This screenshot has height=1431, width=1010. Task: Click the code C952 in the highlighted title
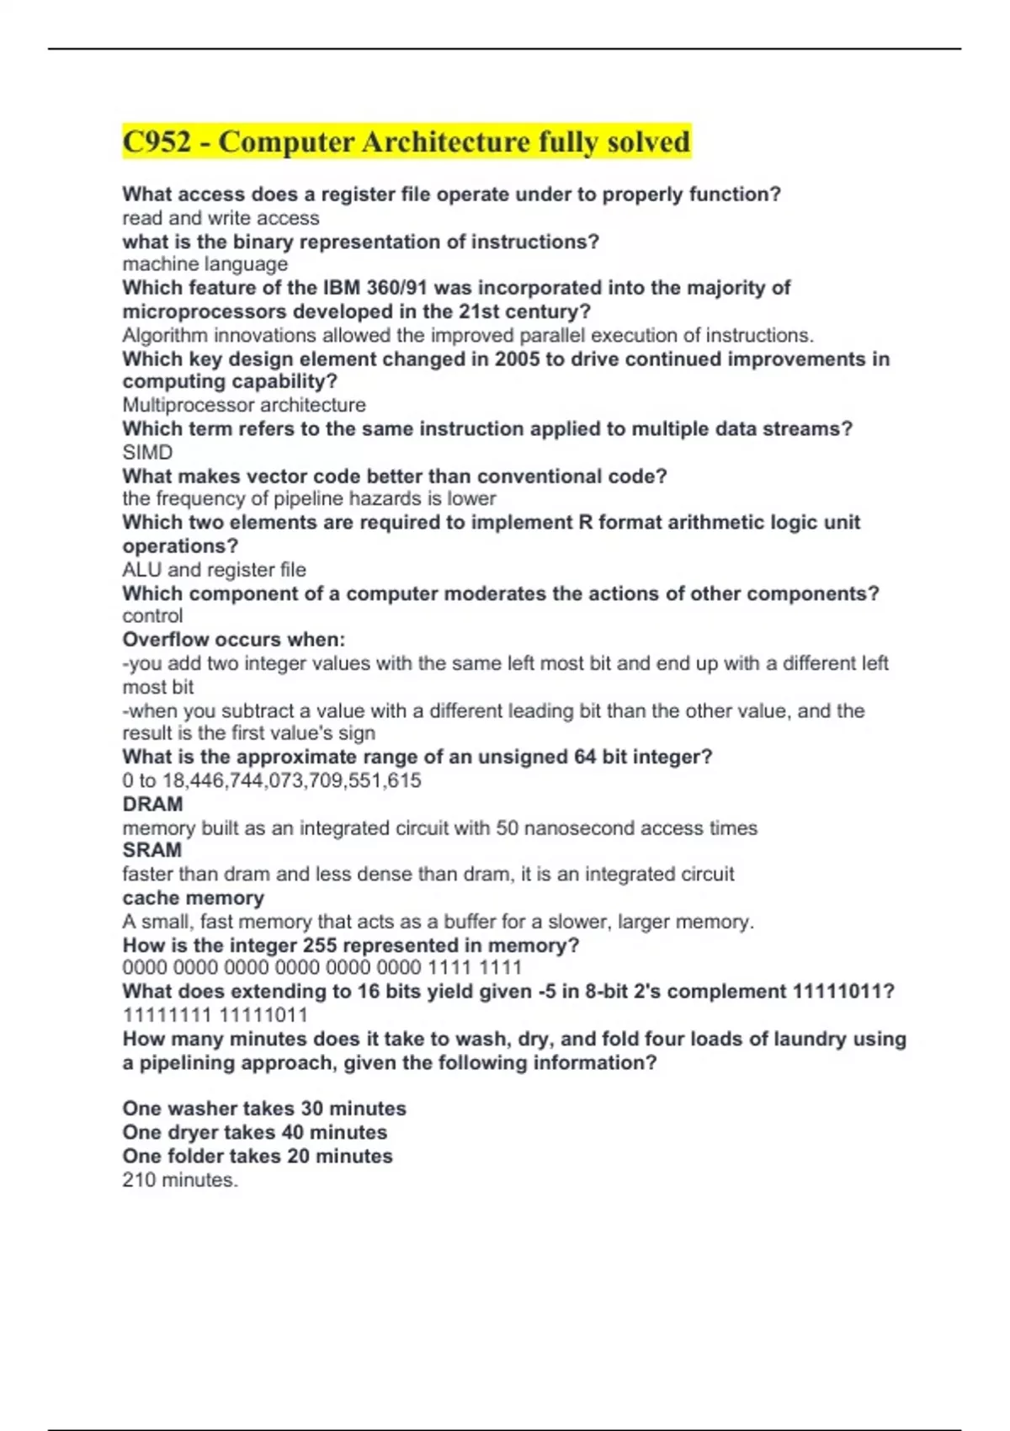157,141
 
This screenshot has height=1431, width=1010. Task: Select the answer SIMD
147,452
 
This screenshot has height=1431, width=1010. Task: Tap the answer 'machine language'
205,264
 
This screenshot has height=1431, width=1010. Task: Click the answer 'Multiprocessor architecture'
244,405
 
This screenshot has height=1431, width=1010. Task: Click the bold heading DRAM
152,804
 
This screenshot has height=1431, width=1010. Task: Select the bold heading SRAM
151,850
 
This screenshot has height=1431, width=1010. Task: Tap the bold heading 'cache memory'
193,898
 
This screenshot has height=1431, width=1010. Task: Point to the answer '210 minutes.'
180,1180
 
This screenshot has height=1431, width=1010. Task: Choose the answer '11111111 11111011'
215,1015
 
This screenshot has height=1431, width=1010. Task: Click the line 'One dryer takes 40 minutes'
254,1132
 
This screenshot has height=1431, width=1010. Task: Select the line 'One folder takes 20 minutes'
257,1156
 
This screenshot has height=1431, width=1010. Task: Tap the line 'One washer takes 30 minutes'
263,1109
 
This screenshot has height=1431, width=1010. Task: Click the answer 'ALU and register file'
214,570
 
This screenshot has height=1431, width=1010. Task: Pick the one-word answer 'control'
152,616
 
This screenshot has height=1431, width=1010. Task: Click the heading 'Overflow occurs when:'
233,640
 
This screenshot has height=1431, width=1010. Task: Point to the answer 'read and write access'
221,218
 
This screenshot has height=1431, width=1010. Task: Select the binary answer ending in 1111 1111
322,968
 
